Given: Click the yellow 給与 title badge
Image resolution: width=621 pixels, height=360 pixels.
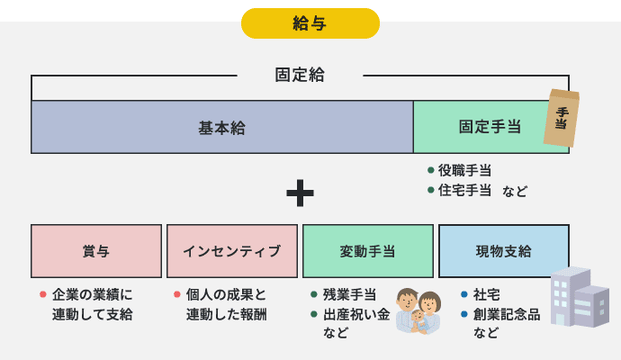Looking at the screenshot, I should coord(310,23).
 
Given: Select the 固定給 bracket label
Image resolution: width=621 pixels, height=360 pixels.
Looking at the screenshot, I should coord(300,76).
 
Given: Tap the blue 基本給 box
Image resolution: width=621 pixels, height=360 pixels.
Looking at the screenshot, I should coord(221,127).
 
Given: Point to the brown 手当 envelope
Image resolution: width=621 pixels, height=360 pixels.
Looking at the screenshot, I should coord(561,118).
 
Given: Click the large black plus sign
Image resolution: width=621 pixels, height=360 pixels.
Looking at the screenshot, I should coord(300,192).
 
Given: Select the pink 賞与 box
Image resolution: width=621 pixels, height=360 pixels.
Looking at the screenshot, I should coord(96,251).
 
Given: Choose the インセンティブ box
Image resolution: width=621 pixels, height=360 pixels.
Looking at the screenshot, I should coord(232,251).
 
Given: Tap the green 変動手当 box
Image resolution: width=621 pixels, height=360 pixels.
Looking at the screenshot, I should coord(368,251).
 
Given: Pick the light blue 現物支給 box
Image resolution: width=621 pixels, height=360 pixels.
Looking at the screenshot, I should coord(504,251).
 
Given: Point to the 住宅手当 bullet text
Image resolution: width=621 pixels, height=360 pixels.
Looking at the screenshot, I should coord(464,191).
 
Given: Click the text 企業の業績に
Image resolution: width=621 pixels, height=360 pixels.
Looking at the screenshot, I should coord(92,294).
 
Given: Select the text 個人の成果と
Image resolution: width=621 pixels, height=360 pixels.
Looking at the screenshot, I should coord(226,294).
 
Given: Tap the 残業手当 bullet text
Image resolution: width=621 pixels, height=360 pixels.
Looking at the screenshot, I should coord(349,294).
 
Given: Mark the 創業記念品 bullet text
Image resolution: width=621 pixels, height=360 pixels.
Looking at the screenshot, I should coord(507,314).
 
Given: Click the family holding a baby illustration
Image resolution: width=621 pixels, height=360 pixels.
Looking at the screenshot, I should coord(418,311).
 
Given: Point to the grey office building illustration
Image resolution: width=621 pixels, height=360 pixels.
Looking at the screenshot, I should coord(578,297).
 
